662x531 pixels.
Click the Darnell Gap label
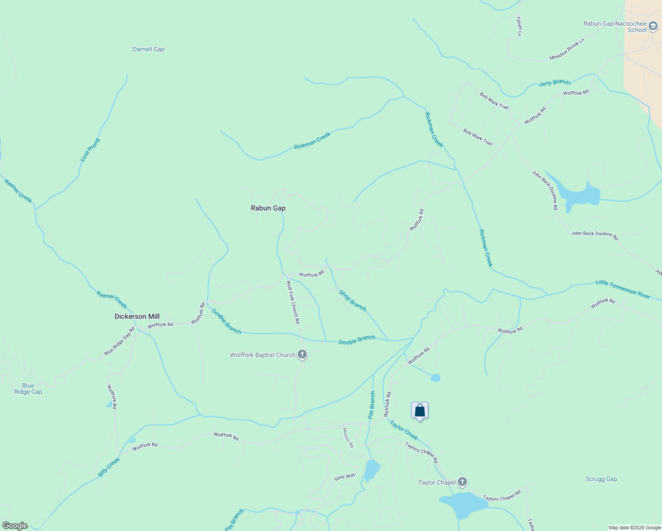149,50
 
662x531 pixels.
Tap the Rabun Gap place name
268,208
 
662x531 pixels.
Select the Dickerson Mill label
137,316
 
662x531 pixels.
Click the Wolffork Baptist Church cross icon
302,354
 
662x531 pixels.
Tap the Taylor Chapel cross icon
462,481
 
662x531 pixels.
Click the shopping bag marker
420,411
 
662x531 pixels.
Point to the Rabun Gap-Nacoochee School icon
653,27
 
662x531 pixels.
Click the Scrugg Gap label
601,479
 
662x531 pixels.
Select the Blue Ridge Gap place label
28,389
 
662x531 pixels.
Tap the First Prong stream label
90,150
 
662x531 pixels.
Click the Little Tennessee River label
623,289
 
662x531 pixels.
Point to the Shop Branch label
353,300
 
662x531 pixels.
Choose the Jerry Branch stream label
554,83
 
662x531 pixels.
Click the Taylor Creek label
404,431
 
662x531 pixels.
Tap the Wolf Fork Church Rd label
293,302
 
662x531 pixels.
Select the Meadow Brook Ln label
567,49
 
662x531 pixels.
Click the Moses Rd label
349,438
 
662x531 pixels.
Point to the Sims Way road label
345,477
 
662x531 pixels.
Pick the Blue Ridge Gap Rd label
119,341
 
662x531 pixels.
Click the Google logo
15,526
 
